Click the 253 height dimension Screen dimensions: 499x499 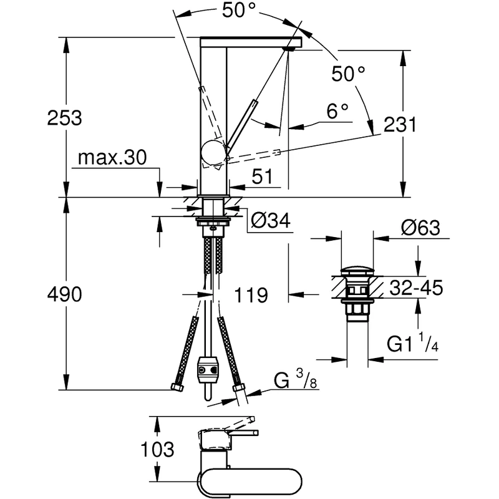[65, 117]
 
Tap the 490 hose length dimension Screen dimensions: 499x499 [65, 294]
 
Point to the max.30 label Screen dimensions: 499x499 [112, 158]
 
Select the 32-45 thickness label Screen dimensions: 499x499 [415, 288]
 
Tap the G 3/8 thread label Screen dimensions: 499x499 [296, 379]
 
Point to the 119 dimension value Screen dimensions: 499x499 [251, 294]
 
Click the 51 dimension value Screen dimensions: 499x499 [263, 177]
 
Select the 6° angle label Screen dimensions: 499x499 [337, 112]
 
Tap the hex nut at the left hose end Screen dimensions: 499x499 [177, 387]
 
